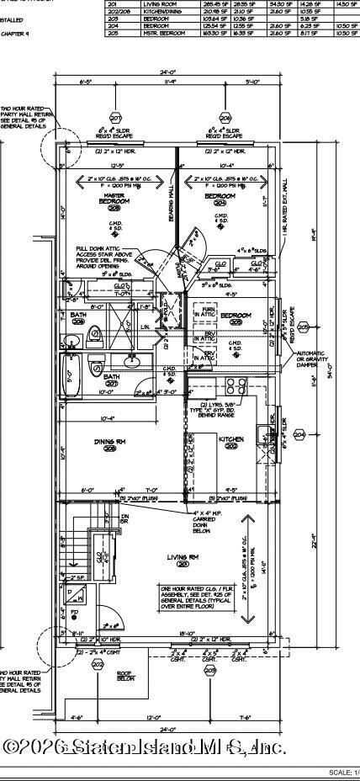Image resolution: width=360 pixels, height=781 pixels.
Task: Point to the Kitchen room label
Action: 230,441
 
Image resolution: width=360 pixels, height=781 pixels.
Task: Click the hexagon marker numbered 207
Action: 115,118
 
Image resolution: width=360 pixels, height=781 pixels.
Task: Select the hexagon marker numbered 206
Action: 225,118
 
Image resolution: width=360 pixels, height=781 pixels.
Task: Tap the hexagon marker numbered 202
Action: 98,665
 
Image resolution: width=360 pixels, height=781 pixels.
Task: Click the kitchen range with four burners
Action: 232,388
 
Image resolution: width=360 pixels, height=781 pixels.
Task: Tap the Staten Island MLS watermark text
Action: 145,746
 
